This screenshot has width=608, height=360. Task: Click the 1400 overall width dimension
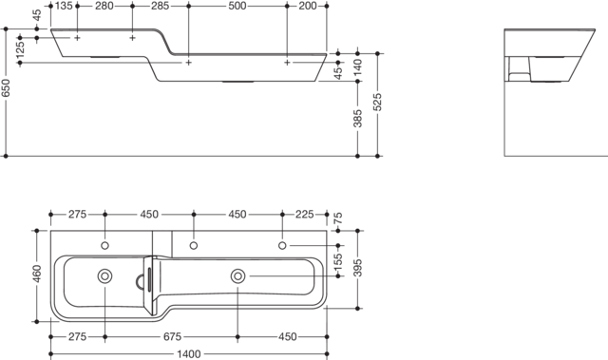[189, 354]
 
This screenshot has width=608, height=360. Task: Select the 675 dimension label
[172, 337]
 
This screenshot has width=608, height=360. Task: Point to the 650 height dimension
[6, 88]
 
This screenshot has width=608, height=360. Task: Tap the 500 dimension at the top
[237, 6]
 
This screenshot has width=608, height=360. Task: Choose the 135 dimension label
[64, 6]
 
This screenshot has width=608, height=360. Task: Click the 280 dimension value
[104, 6]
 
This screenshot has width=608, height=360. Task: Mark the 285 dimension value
[160, 6]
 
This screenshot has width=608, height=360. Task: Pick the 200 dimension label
[308, 6]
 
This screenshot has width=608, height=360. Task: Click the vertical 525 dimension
[377, 102]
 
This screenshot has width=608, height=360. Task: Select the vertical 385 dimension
[357, 118]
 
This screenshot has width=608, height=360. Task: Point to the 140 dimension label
[357, 66]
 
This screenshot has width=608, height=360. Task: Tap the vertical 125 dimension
[20, 49]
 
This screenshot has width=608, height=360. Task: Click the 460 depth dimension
[37, 274]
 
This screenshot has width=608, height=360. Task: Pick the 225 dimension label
[304, 215]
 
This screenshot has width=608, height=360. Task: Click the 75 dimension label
[338, 218]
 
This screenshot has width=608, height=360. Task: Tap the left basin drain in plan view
[104, 276]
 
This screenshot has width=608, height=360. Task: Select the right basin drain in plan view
[237, 276]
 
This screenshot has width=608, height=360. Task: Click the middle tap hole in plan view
[194, 246]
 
